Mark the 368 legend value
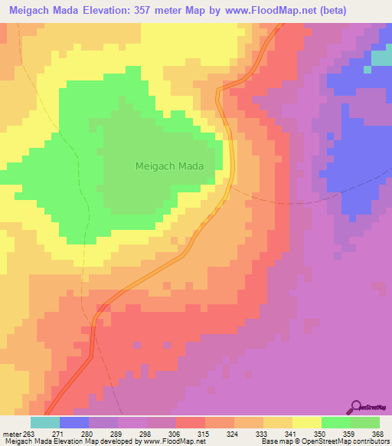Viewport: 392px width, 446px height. (379, 433)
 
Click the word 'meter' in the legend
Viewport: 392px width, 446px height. (10, 433)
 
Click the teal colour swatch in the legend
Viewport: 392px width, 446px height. (45, 422)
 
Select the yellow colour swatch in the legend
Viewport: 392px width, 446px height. (307, 422)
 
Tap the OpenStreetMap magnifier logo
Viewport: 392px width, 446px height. (357, 405)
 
